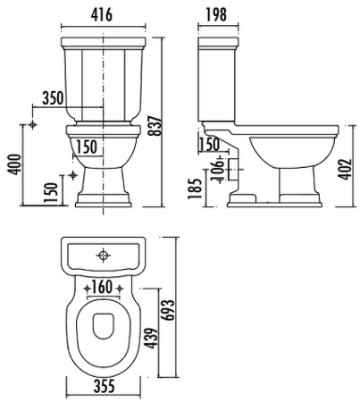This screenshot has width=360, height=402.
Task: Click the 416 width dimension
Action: point(102,14)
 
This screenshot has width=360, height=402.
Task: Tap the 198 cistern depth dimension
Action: point(216,14)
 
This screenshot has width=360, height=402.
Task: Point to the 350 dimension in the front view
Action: point(53,98)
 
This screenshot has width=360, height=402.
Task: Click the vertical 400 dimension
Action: point(15,164)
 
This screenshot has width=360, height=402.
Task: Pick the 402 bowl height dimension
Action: point(345,170)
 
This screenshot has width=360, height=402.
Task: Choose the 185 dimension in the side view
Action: point(195,188)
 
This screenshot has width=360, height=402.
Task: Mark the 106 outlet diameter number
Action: point(218,170)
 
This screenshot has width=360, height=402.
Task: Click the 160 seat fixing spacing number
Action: point(102,287)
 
